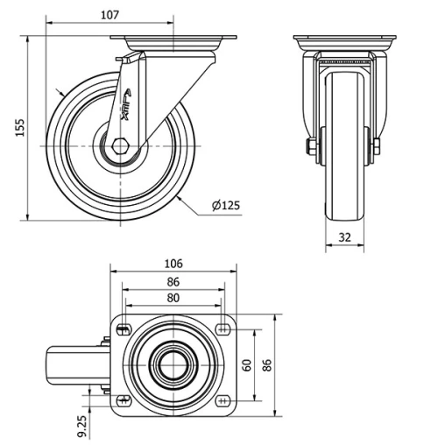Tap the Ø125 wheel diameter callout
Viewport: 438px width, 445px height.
(225, 206)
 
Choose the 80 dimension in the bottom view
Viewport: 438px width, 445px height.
(173, 298)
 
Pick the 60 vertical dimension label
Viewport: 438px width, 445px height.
(246, 364)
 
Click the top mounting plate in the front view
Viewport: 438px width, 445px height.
(344, 40)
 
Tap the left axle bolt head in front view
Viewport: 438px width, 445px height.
(310, 146)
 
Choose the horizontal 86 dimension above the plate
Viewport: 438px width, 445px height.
(173, 282)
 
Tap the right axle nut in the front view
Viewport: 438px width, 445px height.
(377, 146)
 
